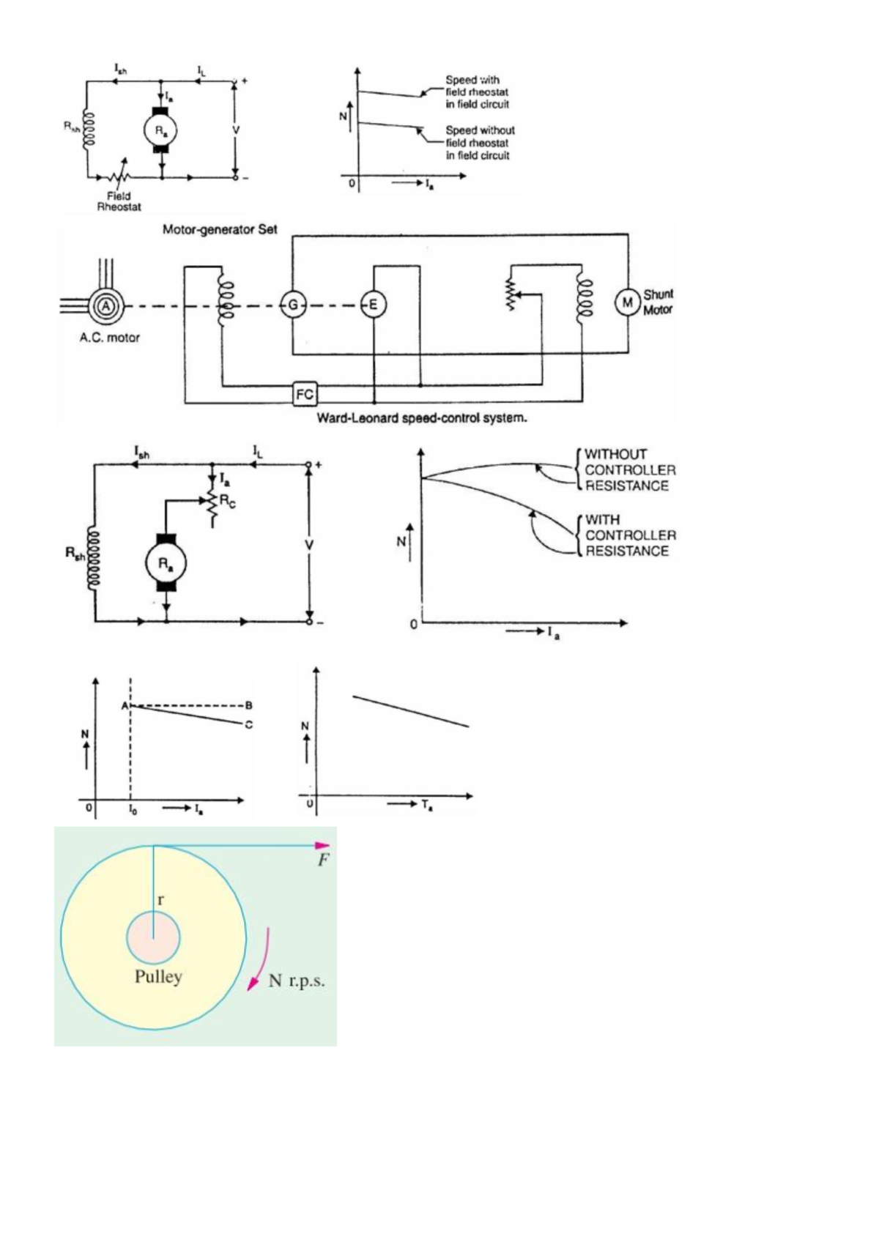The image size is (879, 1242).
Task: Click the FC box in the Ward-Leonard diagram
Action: (304, 395)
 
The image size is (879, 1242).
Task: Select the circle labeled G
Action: (293, 305)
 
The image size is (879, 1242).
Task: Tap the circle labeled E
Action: (373, 305)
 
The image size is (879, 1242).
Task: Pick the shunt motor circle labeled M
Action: (627, 302)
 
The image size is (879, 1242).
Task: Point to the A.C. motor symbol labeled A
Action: (106, 307)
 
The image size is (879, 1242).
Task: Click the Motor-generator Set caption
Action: (220, 229)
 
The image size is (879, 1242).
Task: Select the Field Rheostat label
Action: (119, 201)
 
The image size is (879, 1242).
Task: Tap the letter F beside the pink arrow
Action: (323, 860)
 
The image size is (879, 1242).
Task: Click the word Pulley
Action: (158, 977)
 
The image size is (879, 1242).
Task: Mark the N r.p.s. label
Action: (296, 981)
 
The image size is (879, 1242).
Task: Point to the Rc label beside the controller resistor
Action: (228, 503)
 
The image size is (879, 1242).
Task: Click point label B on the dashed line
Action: (249, 705)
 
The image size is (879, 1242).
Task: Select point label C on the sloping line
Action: (249, 725)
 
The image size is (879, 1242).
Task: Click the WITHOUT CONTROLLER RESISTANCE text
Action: (629, 470)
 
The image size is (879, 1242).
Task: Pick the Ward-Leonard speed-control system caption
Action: (421, 418)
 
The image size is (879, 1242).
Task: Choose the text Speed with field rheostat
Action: (477, 92)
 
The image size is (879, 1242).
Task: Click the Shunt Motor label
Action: (658, 302)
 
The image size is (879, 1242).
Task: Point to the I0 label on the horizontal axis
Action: (132, 808)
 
